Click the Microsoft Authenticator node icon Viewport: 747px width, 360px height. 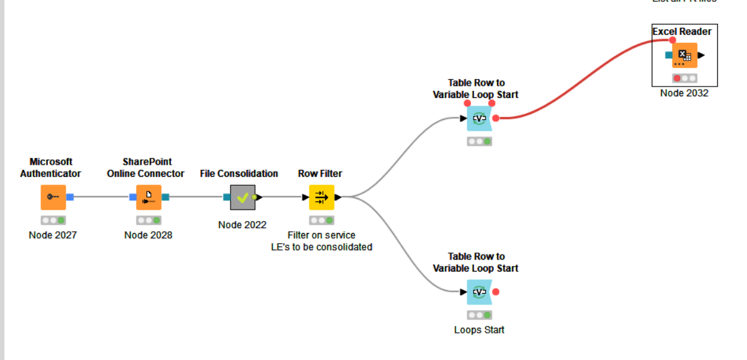[x=53, y=197]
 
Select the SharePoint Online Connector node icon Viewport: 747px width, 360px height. [x=148, y=197]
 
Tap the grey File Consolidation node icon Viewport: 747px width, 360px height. [x=242, y=197]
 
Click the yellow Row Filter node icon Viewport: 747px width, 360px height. [x=321, y=197]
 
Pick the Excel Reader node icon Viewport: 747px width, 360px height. [x=684, y=56]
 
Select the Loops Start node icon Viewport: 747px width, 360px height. [x=479, y=292]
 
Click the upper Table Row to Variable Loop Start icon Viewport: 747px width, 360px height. [x=479, y=118]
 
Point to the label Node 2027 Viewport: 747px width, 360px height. [x=53, y=235]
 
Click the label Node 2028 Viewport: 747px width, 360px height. [x=148, y=235]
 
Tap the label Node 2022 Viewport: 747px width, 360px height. [x=242, y=224]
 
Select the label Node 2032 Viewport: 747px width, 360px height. [x=684, y=93]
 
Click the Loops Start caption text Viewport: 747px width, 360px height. [x=479, y=330]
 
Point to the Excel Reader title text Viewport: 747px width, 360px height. [x=682, y=32]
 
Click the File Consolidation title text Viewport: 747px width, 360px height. [x=239, y=173]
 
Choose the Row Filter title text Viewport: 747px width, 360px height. [x=320, y=173]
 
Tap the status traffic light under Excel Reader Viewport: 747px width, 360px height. [x=684, y=78]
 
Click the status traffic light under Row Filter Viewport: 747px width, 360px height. [x=321, y=220]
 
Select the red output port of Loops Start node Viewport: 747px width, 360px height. [x=496, y=292]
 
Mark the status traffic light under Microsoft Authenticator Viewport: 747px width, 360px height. [x=53, y=220]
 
